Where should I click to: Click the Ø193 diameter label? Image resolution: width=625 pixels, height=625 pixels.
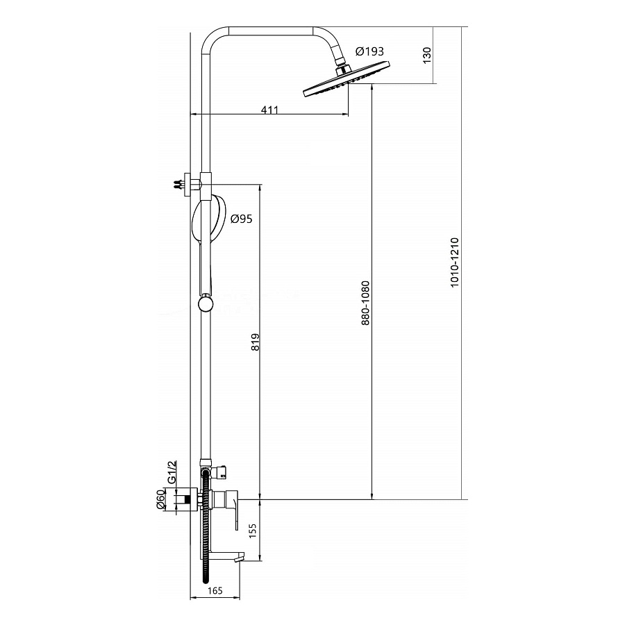pos(369,51)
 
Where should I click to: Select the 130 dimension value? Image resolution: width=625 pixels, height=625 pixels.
pos(427,55)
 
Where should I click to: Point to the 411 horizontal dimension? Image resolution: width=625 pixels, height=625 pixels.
pos(270,109)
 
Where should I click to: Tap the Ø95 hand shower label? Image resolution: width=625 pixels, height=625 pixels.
pos(242,219)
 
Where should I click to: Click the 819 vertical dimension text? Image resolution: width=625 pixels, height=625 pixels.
pos(255,342)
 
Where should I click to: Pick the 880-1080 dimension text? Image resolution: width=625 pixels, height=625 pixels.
pos(365,303)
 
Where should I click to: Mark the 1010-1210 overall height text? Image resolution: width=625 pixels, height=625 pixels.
pos(455,262)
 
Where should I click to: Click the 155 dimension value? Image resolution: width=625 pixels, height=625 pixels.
pos(252,531)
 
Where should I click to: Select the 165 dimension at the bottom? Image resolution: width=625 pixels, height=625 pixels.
pos(215,591)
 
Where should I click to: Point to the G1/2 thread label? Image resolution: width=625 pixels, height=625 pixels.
pos(172,472)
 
